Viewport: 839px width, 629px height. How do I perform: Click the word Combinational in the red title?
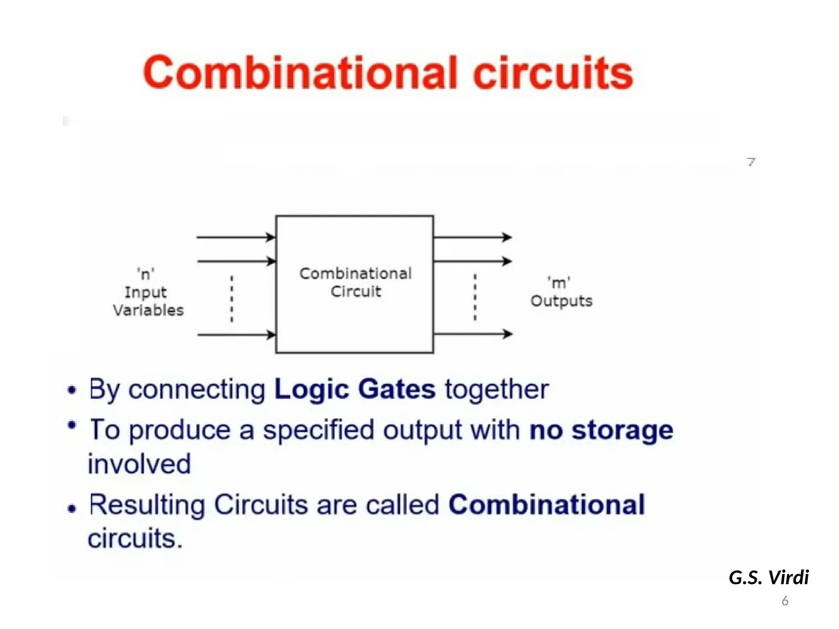(300, 73)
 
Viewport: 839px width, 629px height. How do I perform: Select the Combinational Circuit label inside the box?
(355, 282)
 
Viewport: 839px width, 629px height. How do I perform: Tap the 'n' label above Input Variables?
(146, 274)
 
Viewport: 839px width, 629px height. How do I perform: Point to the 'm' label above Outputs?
(559, 283)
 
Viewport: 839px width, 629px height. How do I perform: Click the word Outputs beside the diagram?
(561, 301)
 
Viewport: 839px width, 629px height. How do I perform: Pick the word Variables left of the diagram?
(148, 310)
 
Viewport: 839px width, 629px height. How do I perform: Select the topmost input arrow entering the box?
(236, 237)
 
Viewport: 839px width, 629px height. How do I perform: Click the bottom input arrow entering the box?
(236, 335)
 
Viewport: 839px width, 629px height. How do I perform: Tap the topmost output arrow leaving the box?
(472, 237)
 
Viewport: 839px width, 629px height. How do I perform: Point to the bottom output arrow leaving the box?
(472, 334)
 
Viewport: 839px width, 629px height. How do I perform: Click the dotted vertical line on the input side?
(232, 299)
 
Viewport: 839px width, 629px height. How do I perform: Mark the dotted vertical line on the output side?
(475, 297)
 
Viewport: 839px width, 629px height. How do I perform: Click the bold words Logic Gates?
(355, 389)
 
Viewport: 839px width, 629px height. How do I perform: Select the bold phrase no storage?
(601, 430)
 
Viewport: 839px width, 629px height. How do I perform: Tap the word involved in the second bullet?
(139, 464)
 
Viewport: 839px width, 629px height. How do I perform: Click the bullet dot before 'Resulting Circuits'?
(72, 509)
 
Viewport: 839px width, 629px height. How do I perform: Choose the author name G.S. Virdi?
(769, 577)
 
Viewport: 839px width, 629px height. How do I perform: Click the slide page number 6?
(785, 601)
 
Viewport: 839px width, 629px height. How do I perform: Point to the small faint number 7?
(751, 162)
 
